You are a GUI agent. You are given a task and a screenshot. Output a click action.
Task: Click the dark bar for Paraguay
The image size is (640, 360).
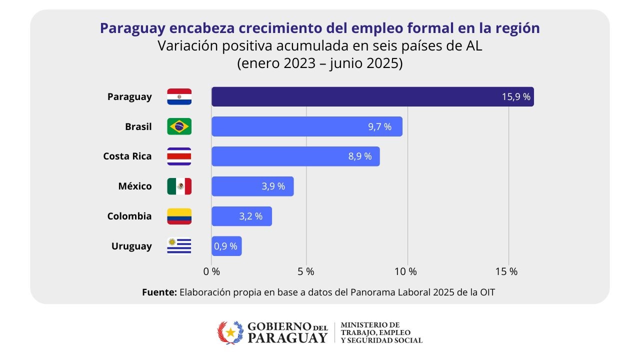(372, 96)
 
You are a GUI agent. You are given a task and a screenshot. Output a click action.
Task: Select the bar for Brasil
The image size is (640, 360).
(306, 126)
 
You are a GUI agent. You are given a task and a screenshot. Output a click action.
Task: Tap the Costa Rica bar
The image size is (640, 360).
(295, 156)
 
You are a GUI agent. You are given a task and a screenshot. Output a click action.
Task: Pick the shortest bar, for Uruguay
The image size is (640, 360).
(226, 246)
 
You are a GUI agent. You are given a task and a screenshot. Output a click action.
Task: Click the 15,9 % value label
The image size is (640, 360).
(516, 97)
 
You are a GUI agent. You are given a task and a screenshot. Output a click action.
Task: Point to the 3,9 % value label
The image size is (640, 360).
(273, 186)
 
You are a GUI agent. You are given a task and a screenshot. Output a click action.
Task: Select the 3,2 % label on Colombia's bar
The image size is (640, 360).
(250, 216)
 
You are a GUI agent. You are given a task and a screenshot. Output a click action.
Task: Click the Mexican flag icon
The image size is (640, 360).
(179, 186)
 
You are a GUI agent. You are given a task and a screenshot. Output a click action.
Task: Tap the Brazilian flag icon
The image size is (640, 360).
(179, 126)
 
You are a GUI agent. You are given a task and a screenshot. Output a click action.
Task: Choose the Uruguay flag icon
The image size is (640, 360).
(179, 246)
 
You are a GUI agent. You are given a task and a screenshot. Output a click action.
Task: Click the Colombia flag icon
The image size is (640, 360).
(179, 216)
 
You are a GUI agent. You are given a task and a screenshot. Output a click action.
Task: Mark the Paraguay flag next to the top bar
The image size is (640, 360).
(179, 96)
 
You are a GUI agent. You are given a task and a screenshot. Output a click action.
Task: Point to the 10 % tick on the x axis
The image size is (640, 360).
(405, 271)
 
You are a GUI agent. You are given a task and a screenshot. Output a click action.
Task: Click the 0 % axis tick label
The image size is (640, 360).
(211, 271)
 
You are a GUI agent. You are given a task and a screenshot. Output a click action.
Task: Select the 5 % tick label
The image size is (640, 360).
(305, 271)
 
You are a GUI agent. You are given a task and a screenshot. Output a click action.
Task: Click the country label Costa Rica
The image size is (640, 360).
(127, 156)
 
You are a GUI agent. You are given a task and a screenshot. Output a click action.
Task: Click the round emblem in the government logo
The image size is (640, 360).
(230, 332)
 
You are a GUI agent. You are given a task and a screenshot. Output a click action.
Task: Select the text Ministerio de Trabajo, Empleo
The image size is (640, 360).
(375, 328)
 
